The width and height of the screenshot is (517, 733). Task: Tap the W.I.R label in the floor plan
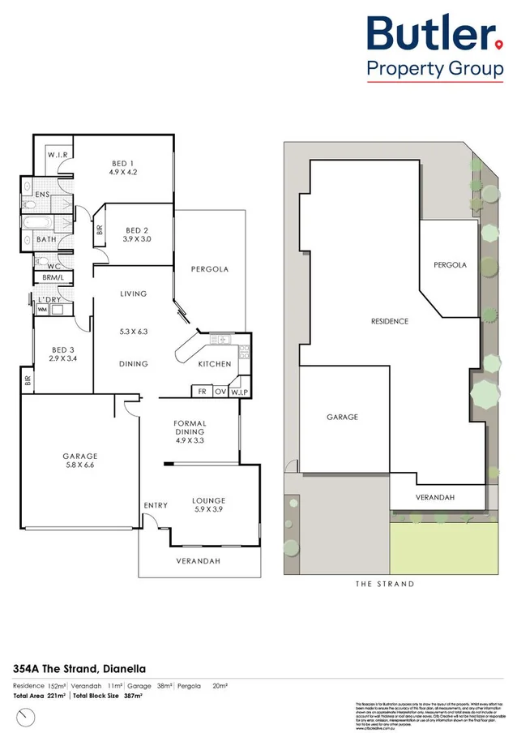pos(56,155)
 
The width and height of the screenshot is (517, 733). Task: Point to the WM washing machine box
pos(41,309)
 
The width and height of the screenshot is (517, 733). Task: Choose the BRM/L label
pos(52,278)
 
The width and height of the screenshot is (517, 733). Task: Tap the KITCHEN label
pos(215,364)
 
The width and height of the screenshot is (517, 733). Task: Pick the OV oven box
pos(219,391)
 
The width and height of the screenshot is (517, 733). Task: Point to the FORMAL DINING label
pos(190,428)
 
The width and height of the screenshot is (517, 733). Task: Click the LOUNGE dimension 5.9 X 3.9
pos(208,511)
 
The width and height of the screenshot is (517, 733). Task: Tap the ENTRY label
pos(156,505)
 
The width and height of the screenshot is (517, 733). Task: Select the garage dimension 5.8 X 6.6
pos(79,466)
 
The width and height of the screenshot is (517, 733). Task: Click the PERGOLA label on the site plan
pos(450,265)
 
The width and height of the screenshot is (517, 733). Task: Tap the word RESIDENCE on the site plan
pos(389,321)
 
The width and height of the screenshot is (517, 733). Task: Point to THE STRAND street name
pos(385,584)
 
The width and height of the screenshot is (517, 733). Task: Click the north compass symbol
pos(29,716)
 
